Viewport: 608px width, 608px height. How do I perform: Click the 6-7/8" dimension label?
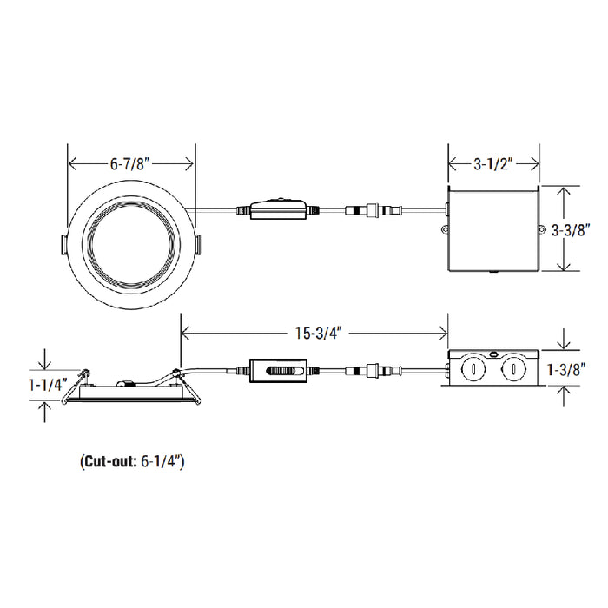point(129,164)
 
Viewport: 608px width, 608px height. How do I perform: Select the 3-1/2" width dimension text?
point(492,164)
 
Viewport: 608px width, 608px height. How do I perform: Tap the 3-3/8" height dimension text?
point(571,230)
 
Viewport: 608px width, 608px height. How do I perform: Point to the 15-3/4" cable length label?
point(319,333)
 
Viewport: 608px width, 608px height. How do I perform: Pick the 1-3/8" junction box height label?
point(566,369)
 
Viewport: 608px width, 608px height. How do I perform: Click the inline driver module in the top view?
point(278,209)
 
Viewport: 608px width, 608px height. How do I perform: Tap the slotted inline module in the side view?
point(278,371)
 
